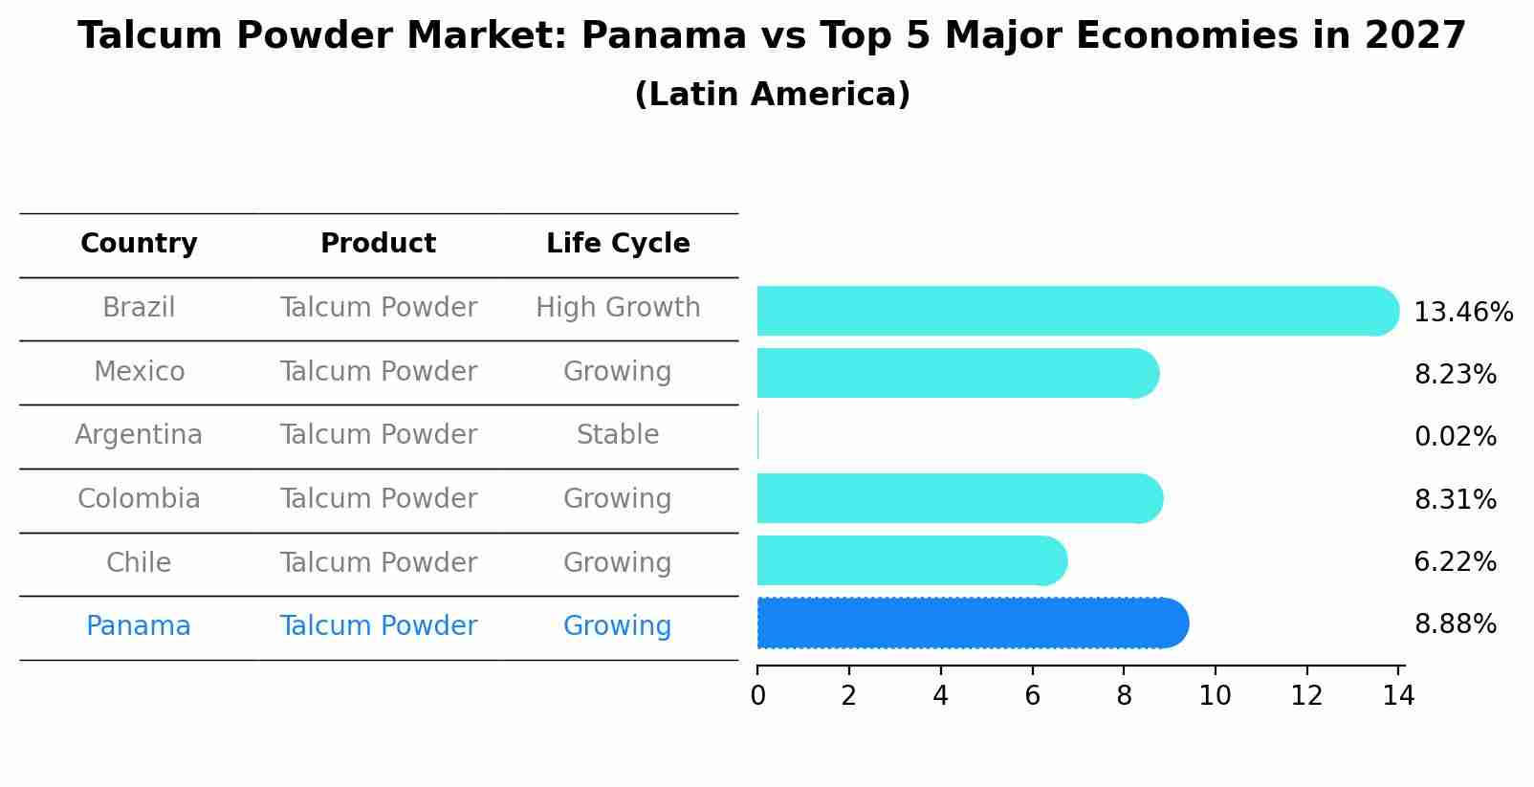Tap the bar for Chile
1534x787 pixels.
[909, 560]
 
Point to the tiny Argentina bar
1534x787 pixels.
[758, 435]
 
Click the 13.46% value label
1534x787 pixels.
[1462, 313]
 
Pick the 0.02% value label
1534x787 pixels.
[1455, 437]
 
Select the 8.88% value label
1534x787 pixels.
[1455, 624]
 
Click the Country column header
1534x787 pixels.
[139, 244]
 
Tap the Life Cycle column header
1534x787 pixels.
[618, 244]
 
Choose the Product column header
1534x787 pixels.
[378, 244]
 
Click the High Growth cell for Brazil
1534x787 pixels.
[618, 308]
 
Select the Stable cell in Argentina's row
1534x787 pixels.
[618, 435]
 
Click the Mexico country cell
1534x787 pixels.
[139, 371]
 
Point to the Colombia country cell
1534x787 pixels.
[139, 499]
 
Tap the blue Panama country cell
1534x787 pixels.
[139, 626]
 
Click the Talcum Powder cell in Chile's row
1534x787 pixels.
[378, 562]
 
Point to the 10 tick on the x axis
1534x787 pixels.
[1215, 696]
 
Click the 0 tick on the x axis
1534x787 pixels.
[757, 696]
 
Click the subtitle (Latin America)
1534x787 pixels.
[772, 95]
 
